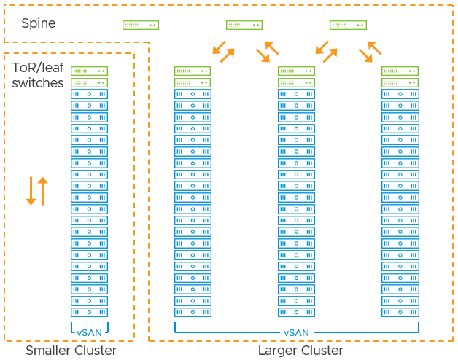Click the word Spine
tap(38, 24)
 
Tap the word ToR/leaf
tap(38, 68)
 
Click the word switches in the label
tap(38, 83)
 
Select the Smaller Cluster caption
tap(71, 351)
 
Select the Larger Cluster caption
tap(300, 351)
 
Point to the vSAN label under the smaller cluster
tap(90, 332)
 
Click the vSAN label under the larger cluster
tap(297, 332)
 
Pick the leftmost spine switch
tap(141, 25)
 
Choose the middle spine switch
tap(244, 25)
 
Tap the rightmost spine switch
tap(349, 25)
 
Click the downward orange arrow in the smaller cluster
tap(31, 191)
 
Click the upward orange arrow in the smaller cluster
tap(42, 191)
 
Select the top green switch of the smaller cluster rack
tap(90, 71)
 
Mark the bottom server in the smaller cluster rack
tap(90, 312)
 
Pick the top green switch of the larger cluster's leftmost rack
tap(193, 71)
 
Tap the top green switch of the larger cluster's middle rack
tap(297, 71)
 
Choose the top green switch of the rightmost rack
tap(400, 71)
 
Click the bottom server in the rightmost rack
tap(400, 312)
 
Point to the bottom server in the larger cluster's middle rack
tap(297, 312)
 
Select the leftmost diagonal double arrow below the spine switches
tap(224, 51)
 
